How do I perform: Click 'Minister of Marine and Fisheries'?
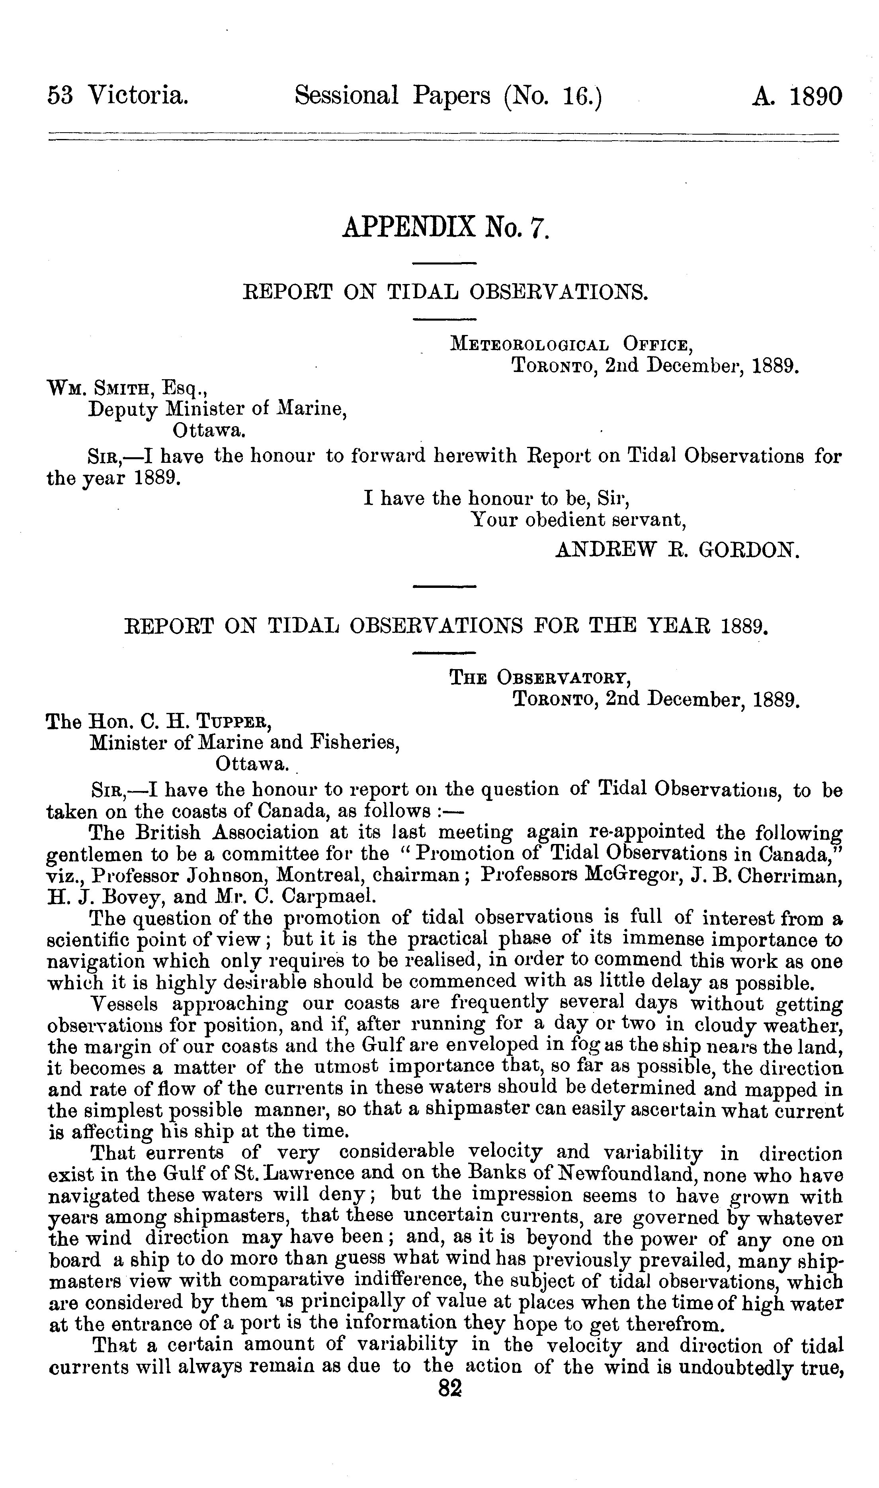click(x=244, y=742)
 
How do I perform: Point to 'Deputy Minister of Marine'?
click(x=217, y=409)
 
